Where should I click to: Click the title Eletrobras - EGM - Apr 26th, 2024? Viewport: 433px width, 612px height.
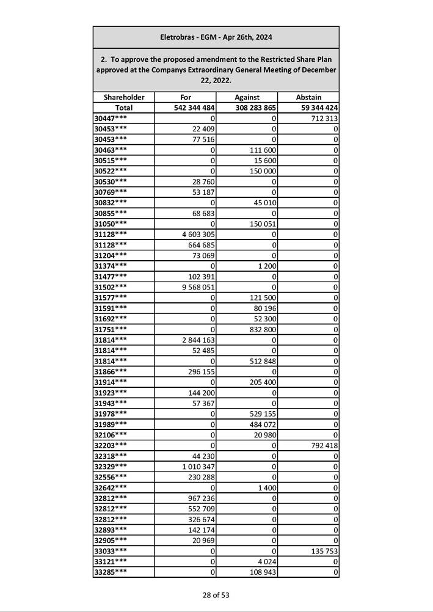click(x=216, y=37)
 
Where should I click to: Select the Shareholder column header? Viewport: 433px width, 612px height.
click(x=124, y=97)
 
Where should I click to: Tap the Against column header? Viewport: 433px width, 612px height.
click(x=247, y=97)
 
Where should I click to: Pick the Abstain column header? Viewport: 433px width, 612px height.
click(x=308, y=97)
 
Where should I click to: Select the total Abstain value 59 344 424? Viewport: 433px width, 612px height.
click(x=316, y=107)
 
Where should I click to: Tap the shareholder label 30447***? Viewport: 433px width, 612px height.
click(x=111, y=118)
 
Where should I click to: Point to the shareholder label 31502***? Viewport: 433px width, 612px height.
click(x=111, y=286)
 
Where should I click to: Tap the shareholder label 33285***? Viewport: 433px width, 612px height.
click(x=111, y=572)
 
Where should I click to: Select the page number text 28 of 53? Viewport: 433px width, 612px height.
click(x=216, y=595)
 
